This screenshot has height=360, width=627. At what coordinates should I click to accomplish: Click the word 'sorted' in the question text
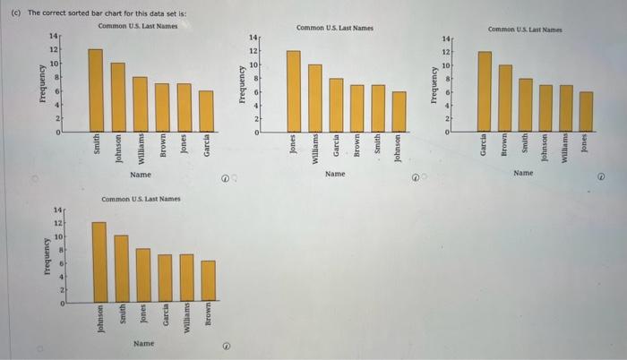click(63, 14)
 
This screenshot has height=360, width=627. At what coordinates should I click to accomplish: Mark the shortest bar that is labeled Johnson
click(399, 112)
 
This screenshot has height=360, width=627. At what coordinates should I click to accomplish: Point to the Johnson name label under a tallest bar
click(99, 320)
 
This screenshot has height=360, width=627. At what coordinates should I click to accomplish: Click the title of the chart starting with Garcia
click(524, 30)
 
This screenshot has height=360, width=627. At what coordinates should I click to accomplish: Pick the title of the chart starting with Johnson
click(141, 199)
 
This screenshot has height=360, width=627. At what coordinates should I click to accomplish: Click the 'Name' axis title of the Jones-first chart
click(335, 173)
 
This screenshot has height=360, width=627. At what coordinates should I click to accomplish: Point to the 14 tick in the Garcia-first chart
click(447, 39)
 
